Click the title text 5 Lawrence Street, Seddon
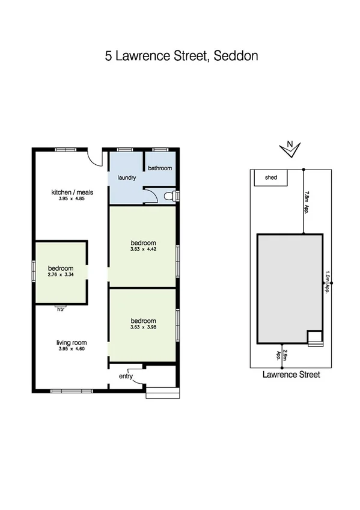tap(182, 57)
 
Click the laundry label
tap(126, 178)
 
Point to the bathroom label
tap(160, 168)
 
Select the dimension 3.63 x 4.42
tap(143, 249)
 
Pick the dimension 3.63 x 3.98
tap(143, 327)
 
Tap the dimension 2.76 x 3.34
tap(61, 275)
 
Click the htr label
tap(61, 309)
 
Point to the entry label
tap(126, 376)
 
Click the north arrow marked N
tap(290, 148)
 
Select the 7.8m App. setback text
tap(307, 202)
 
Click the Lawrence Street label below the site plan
tap(291, 374)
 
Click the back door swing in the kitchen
tap(93, 158)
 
